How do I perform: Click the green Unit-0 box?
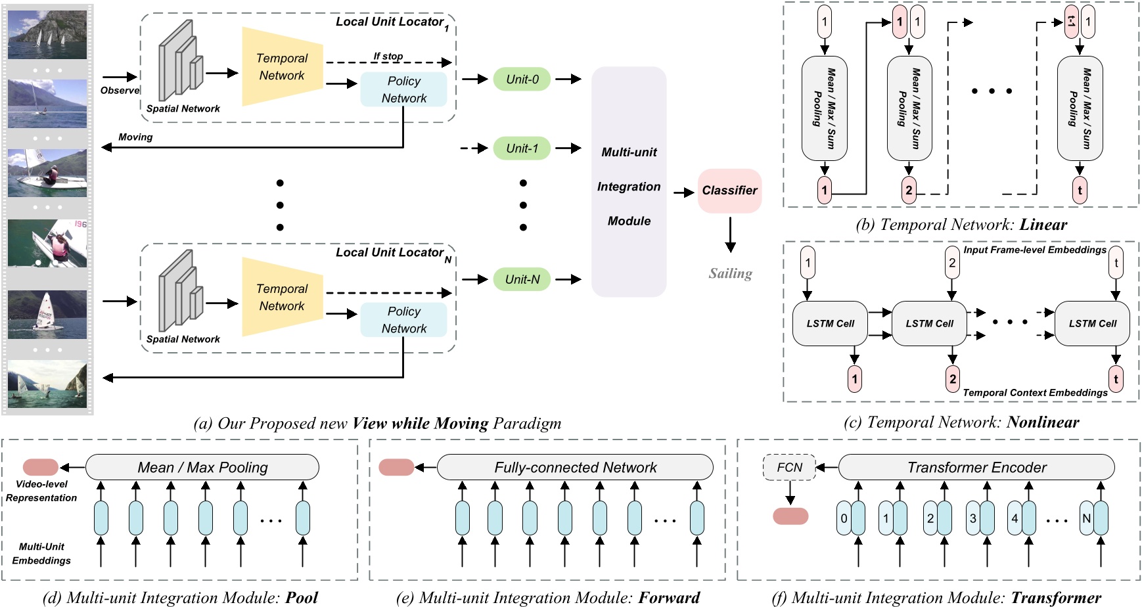coord(522,79)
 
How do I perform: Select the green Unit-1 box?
coord(522,148)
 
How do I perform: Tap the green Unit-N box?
coord(522,279)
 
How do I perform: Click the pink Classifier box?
coord(729,191)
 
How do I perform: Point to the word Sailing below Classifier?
coord(730,273)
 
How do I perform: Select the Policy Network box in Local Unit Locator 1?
coord(403,89)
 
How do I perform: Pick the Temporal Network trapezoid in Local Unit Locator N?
coord(283,297)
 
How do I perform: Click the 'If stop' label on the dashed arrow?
coord(388,56)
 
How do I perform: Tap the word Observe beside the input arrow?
coord(120,91)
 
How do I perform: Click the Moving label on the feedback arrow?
coord(135,137)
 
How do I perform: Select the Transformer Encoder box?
coord(976,467)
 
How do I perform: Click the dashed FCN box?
coord(789,467)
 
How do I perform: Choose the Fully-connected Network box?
coord(575,467)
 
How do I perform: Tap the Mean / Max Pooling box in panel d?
coord(202,467)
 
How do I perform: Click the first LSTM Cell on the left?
coord(830,323)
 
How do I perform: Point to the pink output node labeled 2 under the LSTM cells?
coord(952,379)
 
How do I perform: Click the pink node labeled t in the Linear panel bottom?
coord(1080,191)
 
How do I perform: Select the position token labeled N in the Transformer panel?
coord(1086,518)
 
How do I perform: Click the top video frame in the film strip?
coord(47,34)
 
